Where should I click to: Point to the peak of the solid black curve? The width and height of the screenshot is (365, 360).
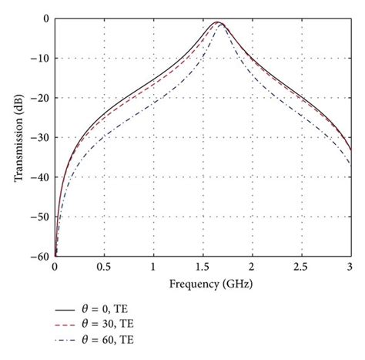[x=219, y=22]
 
